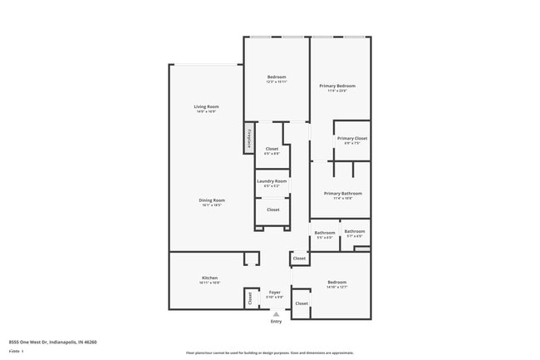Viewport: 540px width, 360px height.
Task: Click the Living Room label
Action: click(x=207, y=106)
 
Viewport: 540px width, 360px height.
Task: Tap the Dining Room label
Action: click(x=212, y=200)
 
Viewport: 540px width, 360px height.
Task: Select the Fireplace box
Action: click(x=248, y=138)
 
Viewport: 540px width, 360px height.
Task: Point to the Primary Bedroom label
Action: click(x=339, y=86)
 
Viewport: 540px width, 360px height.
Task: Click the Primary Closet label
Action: click(x=351, y=138)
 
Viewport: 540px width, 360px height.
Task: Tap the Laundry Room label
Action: click(x=272, y=181)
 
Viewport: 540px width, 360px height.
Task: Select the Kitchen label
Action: click(x=209, y=278)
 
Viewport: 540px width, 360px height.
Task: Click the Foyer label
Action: click(x=274, y=293)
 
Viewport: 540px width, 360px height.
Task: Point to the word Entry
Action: click(x=276, y=321)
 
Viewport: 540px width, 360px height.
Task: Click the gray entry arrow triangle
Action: click(x=276, y=313)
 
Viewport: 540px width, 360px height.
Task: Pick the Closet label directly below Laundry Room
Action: click(x=273, y=210)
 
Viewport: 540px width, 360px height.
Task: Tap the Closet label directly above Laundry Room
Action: click(x=272, y=149)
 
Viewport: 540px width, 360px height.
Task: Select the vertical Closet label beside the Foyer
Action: click(x=249, y=297)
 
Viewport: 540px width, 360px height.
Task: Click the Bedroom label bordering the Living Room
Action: click(x=276, y=77)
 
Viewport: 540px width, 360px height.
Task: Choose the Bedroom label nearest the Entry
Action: click(x=336, y=282)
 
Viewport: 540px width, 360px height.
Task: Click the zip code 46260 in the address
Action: click(x=91, y=342)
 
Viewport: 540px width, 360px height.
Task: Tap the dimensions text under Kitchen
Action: click(x=209, y=284)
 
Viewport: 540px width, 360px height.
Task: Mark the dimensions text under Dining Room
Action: click(x=212, y=205)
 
